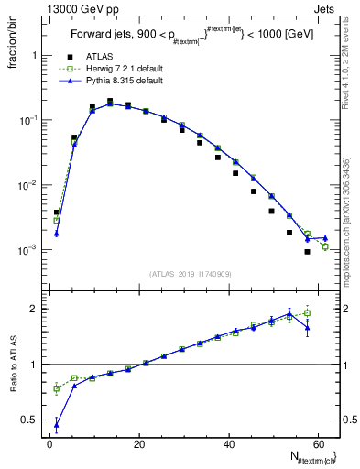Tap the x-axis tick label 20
pyautogui.click(x=138, y=445)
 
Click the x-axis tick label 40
pyautogui.click(x=227, y=445)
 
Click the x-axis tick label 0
pyautogui.click(x=50, y=445)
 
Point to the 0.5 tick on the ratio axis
pyautogui.click(x=32, y=420)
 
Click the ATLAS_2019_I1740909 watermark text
pyautogui.click(x=189, y=273)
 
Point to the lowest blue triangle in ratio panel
pyautogui.click(x=57, y=425)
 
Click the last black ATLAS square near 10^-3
pyautogui.click(x=307, y=252)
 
